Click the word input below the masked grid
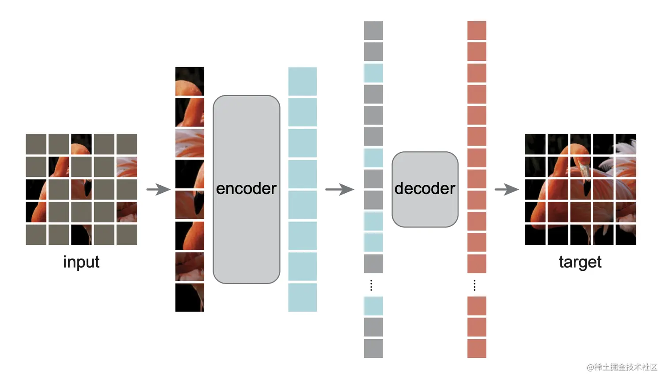[x=81, y=262]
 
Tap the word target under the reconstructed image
[x=580, y=262]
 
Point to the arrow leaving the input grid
[x=158, y=190]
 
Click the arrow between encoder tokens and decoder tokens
[x=339, y=190]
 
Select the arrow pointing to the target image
[x=506, y=190]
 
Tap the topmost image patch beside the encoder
[x=190, y=81]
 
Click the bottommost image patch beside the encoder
[x=190, y=298]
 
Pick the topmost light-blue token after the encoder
[x=302, y=81]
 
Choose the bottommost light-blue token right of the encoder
[x=302, y=298]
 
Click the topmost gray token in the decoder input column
[x=373, y=30]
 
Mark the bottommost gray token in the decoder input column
[x=373, y=348]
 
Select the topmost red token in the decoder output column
[x=477, y=30]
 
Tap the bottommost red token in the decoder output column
[x=477, y=348]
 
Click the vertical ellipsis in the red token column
[x=474, y=285]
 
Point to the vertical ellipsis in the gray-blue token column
[x=371, y=285]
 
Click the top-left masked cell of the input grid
[x=36, y=144]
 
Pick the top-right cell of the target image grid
[x=626, y=144]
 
